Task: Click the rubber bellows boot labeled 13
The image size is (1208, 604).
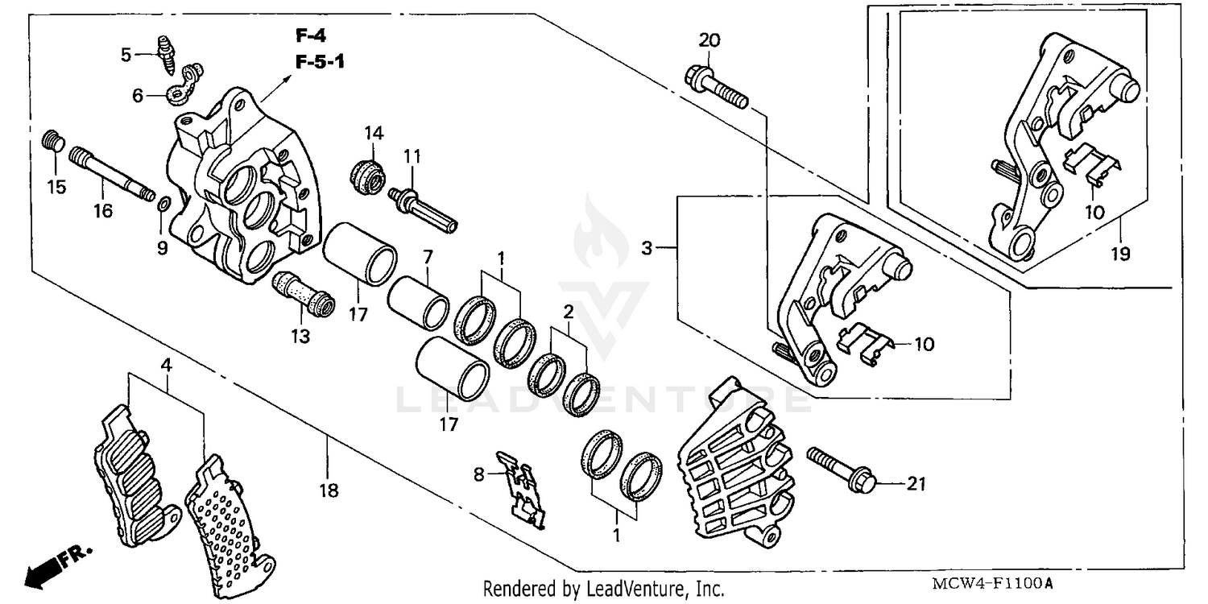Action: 304,295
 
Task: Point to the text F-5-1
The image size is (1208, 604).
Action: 319,61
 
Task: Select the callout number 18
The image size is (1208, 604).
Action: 329,489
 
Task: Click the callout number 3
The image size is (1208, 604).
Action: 647,249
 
